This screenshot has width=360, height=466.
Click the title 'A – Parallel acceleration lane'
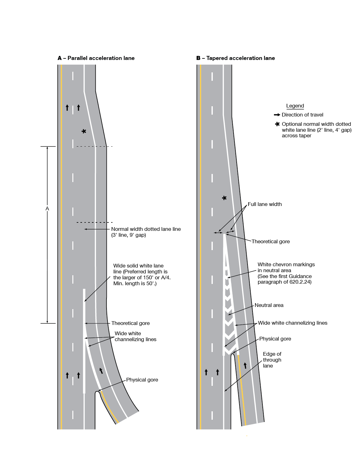96,58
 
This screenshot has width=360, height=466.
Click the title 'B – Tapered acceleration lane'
235,58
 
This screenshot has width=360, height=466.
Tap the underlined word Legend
295,106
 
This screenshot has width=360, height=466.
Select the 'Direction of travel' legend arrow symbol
277,115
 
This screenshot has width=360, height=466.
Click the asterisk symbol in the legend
277,124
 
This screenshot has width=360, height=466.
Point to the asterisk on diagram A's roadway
84,131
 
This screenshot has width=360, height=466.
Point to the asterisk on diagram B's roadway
224,198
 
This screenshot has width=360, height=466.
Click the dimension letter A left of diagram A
47,209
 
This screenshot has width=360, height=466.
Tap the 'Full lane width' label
265,204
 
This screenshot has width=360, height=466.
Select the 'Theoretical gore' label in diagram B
271,241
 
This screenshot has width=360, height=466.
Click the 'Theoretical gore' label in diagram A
130,323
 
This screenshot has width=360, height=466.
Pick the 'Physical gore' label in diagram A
142,380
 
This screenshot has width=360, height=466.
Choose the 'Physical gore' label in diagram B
275,339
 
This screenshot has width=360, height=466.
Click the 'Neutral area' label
269,305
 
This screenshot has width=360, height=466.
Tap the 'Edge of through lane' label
272,360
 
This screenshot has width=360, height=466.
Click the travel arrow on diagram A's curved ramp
101,370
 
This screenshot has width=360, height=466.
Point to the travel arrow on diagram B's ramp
245,365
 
